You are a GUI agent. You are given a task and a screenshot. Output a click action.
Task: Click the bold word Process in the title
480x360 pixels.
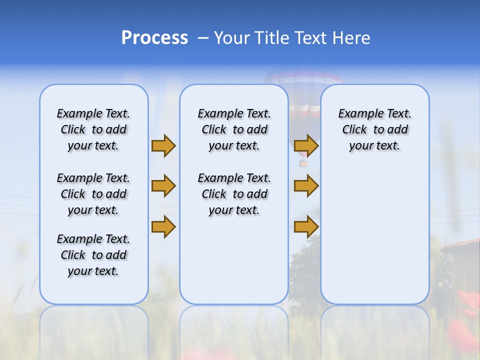(x=154, y=38)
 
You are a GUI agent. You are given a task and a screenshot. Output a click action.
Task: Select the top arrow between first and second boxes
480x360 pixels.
(x=163, y=145)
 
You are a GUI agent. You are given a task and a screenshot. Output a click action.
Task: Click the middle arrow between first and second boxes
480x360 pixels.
(x=163, y=186)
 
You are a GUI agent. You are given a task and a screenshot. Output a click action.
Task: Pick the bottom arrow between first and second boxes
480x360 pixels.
(x=163, y=227)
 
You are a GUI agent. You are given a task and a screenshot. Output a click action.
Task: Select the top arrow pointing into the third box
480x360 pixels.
(x=306, y=145)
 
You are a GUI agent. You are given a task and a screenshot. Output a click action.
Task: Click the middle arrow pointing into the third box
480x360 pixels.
(x=306, y=186)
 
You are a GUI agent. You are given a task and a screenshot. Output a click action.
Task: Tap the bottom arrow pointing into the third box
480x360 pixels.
(x=306, y=227)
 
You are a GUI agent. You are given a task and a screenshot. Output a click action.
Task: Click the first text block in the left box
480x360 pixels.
(x=93, y=129)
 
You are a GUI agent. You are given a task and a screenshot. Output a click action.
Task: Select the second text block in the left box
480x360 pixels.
(x=93, y=194)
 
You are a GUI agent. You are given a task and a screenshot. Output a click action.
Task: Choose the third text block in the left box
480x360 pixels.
(x=93, y=255)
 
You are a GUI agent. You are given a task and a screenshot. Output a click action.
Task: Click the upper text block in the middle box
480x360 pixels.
(x=234, y=129)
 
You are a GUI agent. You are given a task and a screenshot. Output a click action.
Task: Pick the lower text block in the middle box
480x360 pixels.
(x=234, y=194)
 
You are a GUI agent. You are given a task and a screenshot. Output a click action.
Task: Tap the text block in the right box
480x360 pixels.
(x=375, y=129)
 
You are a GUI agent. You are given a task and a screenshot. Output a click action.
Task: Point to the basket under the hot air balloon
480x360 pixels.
(x=303, y=163)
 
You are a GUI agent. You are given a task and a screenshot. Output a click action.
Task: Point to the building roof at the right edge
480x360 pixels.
(x=460, y=244)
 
